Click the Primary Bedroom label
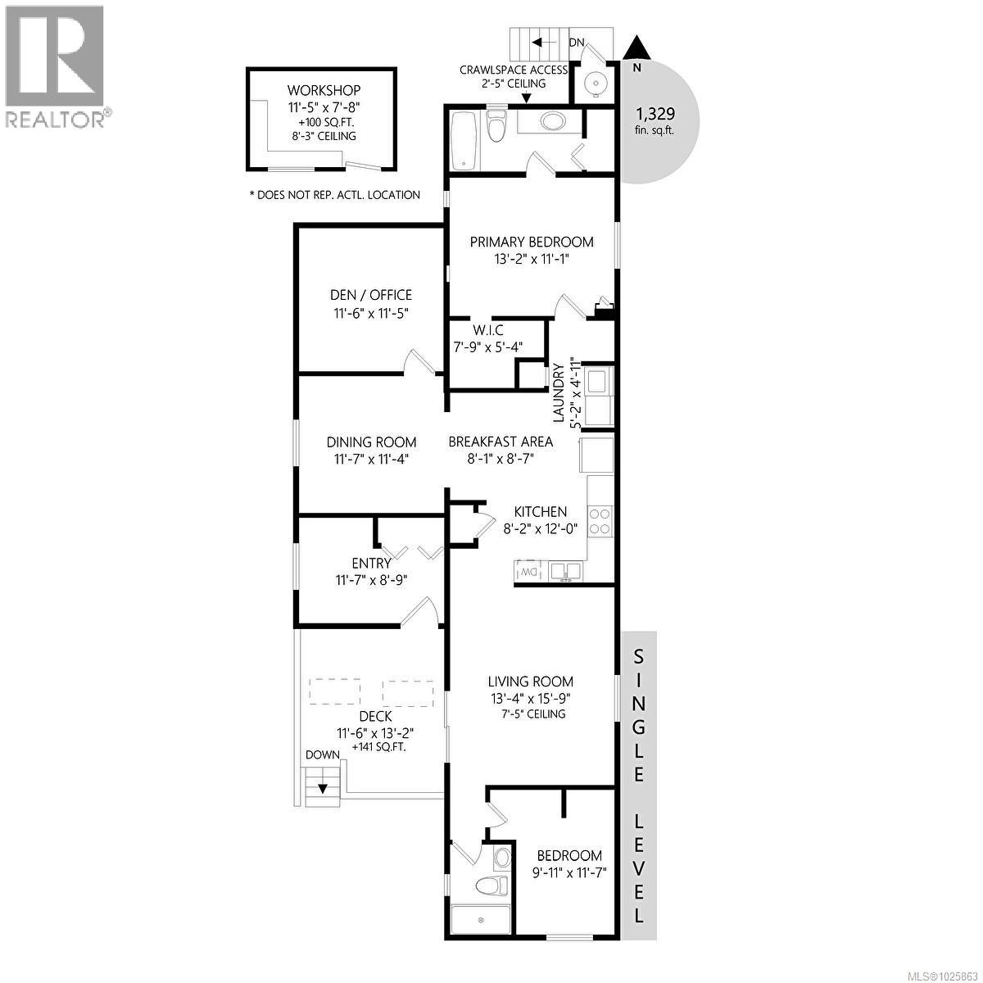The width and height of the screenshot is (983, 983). [x=531, y=242]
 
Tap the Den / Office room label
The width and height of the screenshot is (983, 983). [x=370, y=295]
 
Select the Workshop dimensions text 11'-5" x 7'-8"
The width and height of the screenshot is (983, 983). [x=324, y=106]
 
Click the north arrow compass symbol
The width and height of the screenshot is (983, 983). [x=637, y=51]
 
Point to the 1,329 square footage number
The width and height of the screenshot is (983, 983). [x=655, y=115]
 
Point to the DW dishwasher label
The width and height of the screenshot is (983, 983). [x=528, y=571]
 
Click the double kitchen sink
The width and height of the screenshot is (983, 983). [x=565, y=570]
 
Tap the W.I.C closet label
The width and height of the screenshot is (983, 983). [x=488, y=330]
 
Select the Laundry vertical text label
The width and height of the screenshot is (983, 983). [x=559, y=393]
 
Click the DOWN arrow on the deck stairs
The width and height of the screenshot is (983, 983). [x=323, y=788]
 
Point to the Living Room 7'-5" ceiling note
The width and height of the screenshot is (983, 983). [x=530, y=713]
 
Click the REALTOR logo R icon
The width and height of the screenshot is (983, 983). [x=54, y=54]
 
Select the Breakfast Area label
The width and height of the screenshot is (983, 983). [x=500, y=442]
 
